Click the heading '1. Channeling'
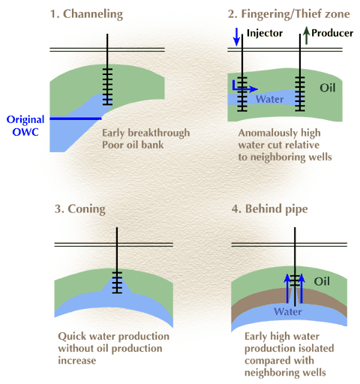pyautogui.click(x=86, y=14)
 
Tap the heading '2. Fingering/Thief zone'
pyautogui.click(x=289, y=14)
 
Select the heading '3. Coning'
pyautogui.click(x=80, y=209)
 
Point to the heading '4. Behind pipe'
pyautogui.click(x=269, y=209)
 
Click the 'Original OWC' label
pyautogui.click(x=25, y=125)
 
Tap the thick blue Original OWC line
pyautogui.click(x=76, y=118)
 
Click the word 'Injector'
pyautogui.click(x=265, y=33)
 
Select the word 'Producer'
pyautogui.click(x=332, y=33)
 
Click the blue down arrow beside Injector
pyautogui.click(x=236, y=37)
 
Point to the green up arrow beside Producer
pyautogui.click(x=306, y=35)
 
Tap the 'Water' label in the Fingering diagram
pyautogui.click(x=269, y=99)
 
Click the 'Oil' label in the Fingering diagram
pyautogui.click(x=328, y=88)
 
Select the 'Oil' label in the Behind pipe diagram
pyautogui.click(x=322, y=281)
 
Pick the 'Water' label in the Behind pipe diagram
pyautogui.click(x=288, y=312)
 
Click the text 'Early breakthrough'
pyautogui.click(x=146, y=133)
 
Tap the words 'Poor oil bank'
pyautogui.click(x=133, y=145)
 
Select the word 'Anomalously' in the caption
pyautogui.click(x=267, y=133)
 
